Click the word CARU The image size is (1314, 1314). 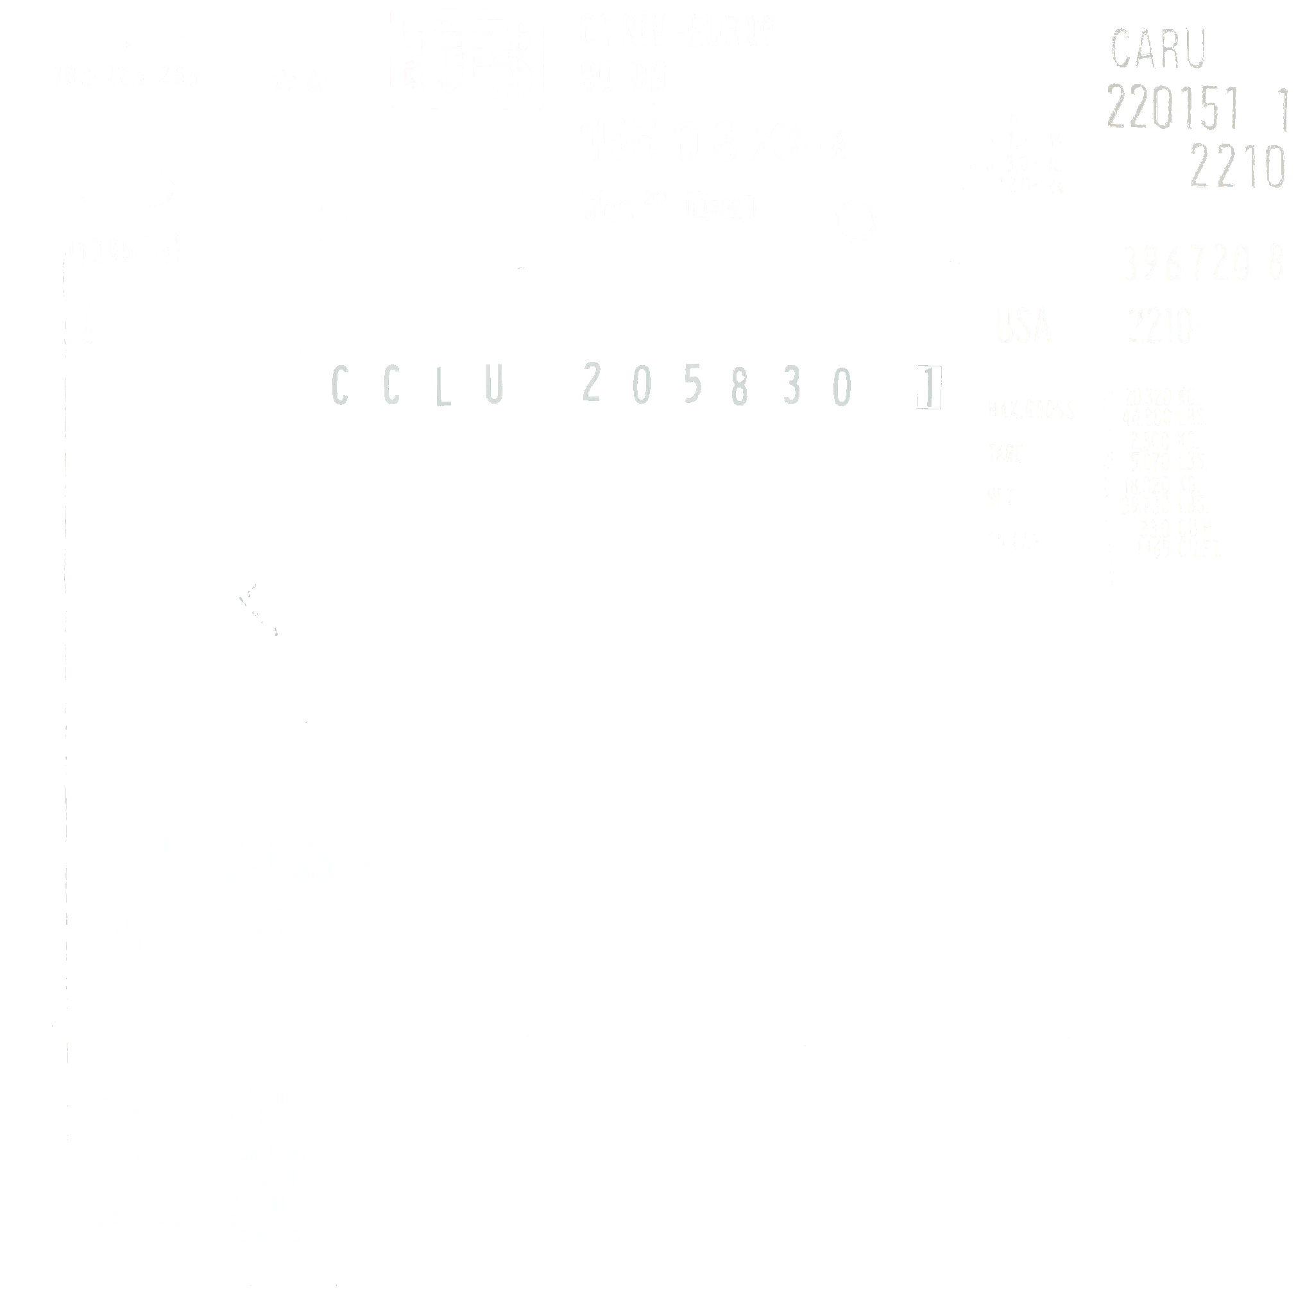[x=1158, y=48]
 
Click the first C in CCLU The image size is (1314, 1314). [x=339, y=386]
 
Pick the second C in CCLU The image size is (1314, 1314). [x=391, y=386]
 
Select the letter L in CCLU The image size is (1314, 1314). [x=443, y=386]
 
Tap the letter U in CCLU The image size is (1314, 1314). [x=495, y=386]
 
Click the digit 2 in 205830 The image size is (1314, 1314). [x=591, y=383]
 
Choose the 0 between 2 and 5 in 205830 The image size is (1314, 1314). [x=642, y=386]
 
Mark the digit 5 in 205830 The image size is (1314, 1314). [x=692, y=386]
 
